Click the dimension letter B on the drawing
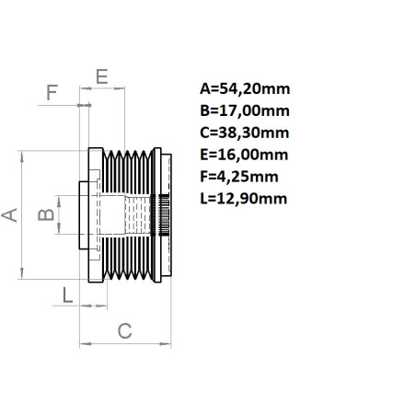43,215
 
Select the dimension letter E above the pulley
102,74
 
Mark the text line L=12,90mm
242,197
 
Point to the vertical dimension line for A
23,215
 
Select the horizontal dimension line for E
102,89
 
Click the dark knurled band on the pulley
164,215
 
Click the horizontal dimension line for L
92,306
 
